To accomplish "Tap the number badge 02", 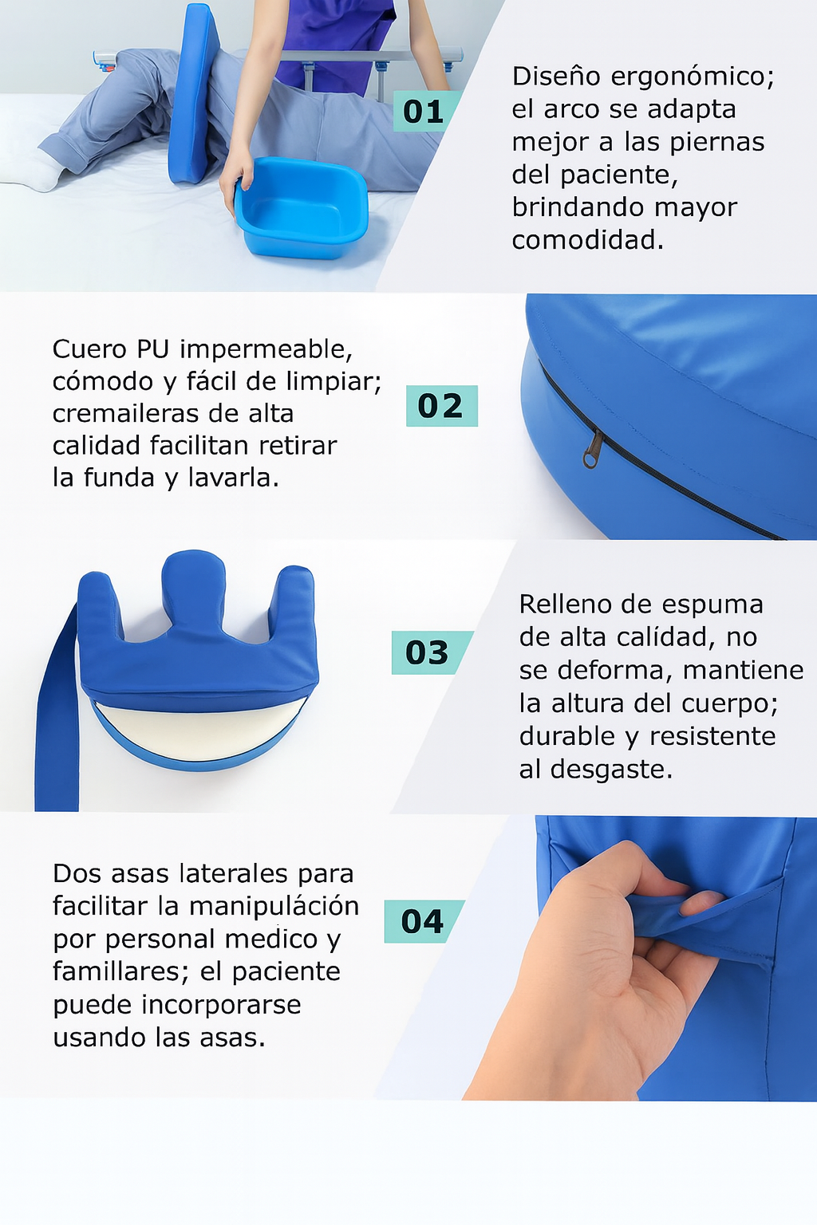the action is tap(441, 406).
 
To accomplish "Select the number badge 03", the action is tap(430, 652).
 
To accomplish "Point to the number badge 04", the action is tap(423, 921).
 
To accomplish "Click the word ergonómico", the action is tap(693, 77).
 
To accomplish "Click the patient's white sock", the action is tap(30, 170).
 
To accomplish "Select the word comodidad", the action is tap(587, 241).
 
